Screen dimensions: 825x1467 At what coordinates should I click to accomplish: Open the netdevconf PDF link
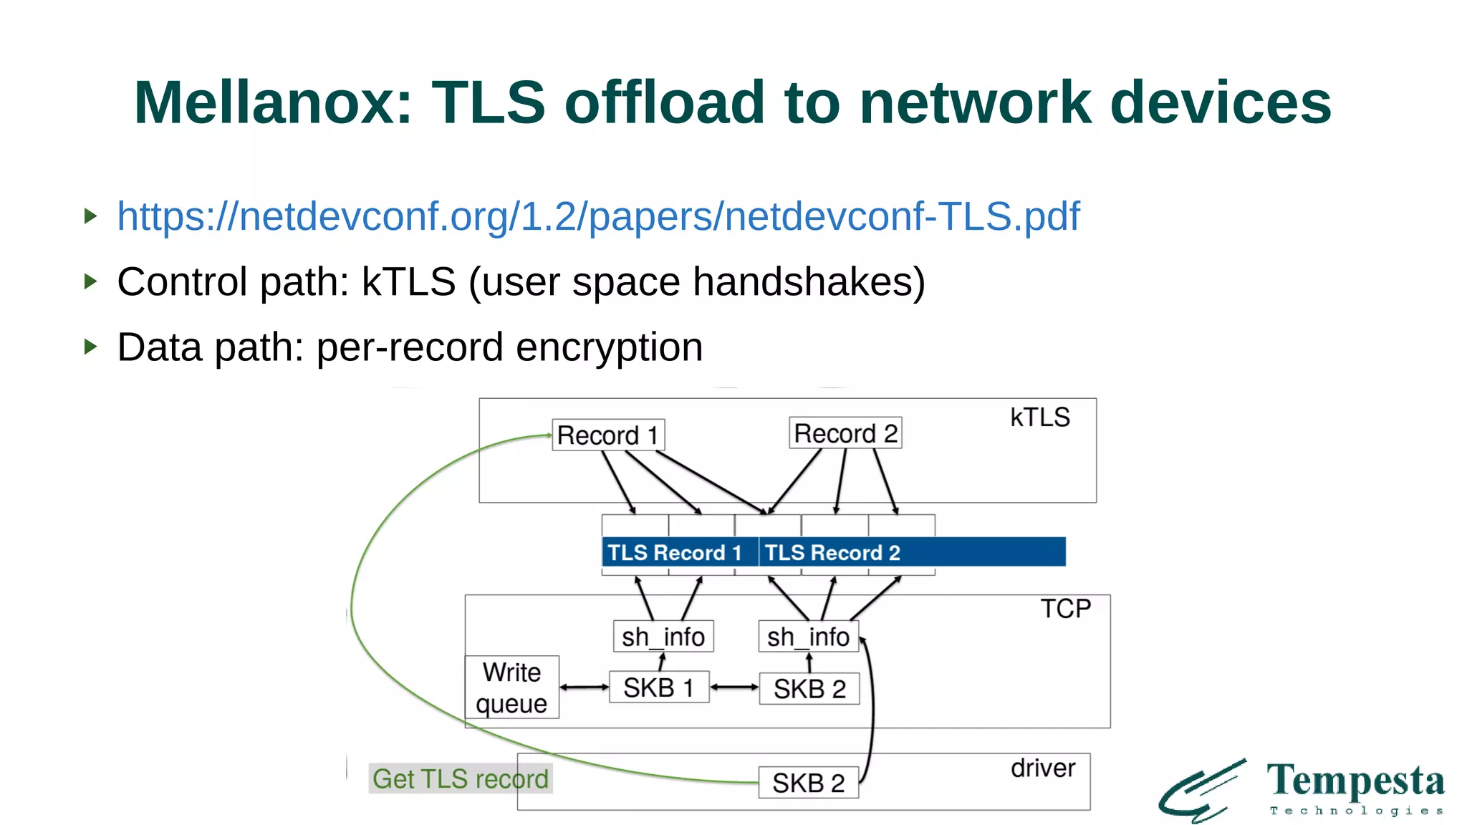point(598,216)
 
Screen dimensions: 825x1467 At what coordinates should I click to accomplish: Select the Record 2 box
point(845,433)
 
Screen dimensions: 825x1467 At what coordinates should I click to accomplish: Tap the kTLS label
point(1039,418)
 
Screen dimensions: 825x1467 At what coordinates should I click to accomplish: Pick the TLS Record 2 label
point(832,552)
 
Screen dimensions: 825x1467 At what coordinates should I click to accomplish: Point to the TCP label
point(1066,609)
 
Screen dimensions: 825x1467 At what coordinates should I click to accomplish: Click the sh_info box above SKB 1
point(663,637)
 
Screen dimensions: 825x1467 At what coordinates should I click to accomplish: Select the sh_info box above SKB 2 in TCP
point(808,637)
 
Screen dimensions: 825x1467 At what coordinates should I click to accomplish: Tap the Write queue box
point(511,687)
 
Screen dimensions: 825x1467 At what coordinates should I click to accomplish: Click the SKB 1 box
point(659,687)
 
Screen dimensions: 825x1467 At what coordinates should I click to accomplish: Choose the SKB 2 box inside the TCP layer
point(809,689)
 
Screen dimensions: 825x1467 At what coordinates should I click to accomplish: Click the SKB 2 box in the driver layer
point(809,783)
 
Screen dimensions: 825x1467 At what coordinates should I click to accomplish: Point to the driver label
point(1043,768)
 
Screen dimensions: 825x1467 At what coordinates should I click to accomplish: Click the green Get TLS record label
point(461,778)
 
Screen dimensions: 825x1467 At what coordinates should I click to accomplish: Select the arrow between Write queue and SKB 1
point(585,687)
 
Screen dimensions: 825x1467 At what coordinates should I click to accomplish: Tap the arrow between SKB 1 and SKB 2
point(734,687)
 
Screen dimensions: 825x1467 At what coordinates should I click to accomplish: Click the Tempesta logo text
point(1355,781)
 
